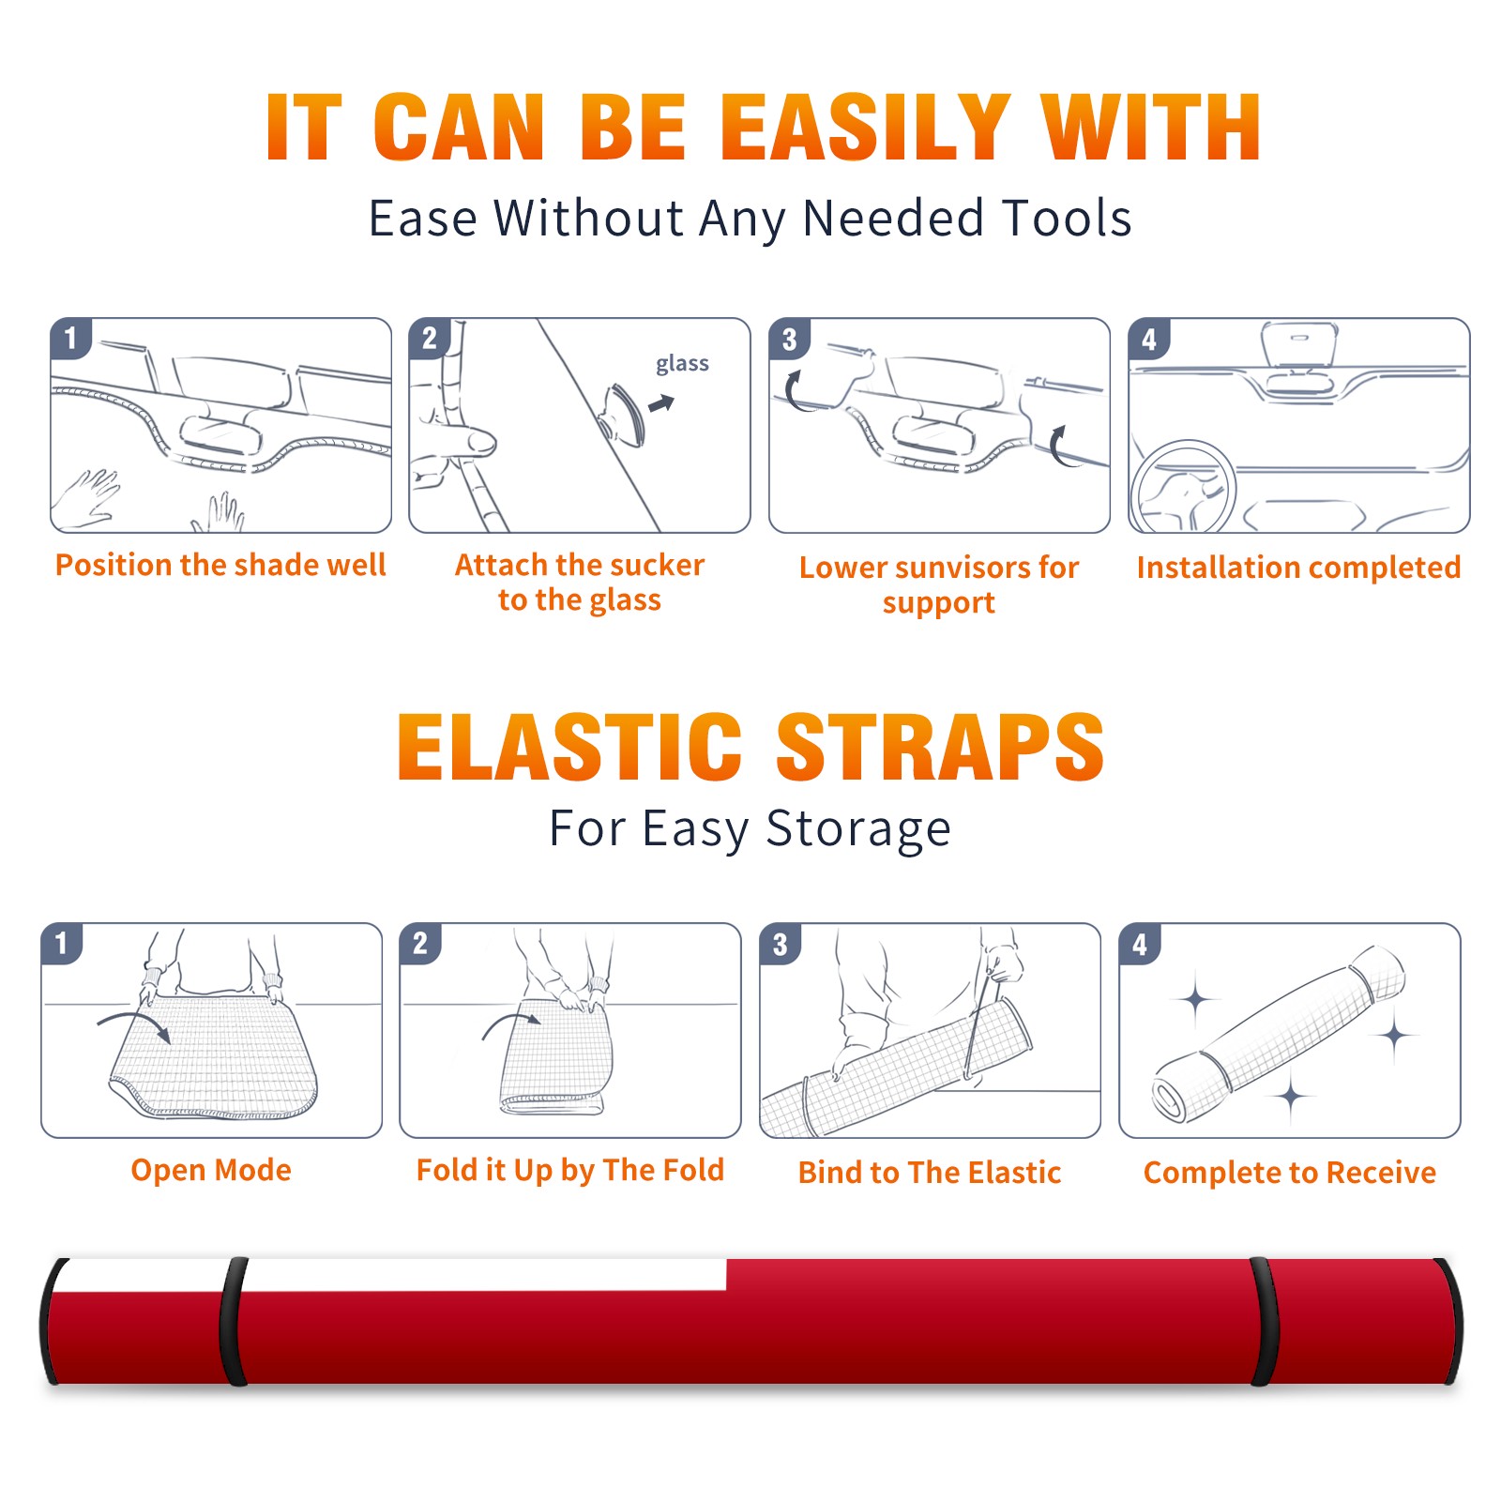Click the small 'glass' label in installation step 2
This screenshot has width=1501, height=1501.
click(x=682, y=364)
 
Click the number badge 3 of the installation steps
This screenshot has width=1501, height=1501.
click(x=789, y=340)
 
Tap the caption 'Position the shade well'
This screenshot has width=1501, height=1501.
click(x=220, y=565)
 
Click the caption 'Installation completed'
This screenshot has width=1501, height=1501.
click(x=1298, y=568)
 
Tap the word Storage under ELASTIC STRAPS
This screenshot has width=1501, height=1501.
click(x=858, y=829)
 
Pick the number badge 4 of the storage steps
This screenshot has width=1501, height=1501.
click(x=1140, y=945)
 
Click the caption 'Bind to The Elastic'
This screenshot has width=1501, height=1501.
click(x=930, y=1173)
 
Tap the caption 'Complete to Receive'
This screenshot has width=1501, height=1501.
click(x=1290, y=1173)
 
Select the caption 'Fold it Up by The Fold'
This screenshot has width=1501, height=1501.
click(x=570, y=1171)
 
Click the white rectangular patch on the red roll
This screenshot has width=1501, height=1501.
click(x=483, y=1275)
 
